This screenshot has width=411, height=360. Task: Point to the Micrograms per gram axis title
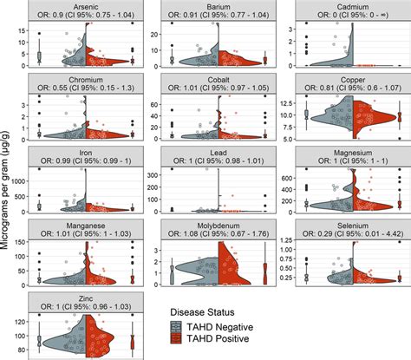pos(8,180)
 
